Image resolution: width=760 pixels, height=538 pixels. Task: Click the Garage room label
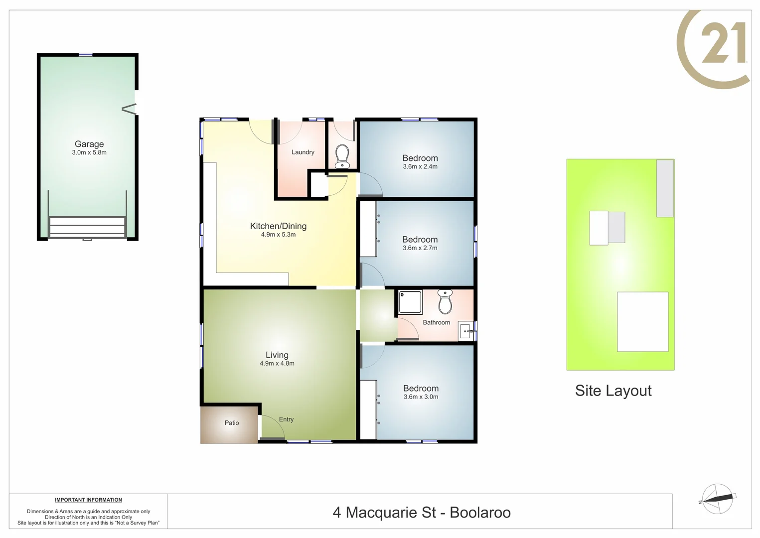point(89,144)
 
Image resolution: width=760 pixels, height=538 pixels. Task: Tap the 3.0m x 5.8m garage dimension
point(89,152)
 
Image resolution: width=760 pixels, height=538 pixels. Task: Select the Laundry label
point(303,152)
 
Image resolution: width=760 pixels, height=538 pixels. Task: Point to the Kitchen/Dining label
point(278,226)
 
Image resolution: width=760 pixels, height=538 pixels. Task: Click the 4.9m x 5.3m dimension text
point(278,235)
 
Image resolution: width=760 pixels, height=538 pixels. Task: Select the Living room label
point(277,355)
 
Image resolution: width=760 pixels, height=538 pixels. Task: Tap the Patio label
point(232,423)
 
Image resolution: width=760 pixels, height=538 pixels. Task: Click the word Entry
point(286,419)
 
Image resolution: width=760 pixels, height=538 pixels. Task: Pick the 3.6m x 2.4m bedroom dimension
point(420,167)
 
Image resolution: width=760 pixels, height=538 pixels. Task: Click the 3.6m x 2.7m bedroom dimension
point(420,248)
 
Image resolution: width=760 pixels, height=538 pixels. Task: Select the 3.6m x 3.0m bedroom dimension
point(421,397)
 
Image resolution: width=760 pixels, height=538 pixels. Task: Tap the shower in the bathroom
point(410,302)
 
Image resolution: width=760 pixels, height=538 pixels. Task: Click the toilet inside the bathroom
point(445,301)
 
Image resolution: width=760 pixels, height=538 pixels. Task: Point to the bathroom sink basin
point(466,331)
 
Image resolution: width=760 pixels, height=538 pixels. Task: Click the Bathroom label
point(437,323)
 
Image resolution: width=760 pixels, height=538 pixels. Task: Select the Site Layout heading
point(613,391)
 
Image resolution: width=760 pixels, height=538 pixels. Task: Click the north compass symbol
point(717,498)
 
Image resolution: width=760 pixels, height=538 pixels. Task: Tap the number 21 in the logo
point(724,44)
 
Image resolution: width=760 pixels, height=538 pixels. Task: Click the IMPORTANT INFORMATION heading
point(88,500)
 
